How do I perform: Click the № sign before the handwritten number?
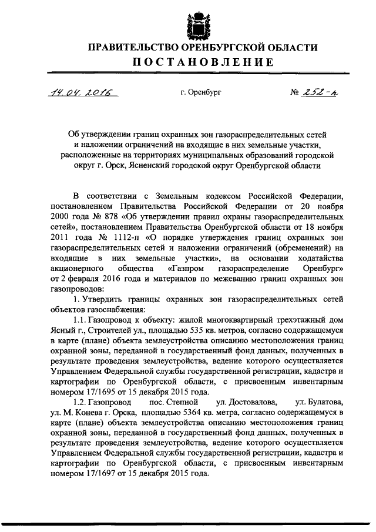coord(296,93)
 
